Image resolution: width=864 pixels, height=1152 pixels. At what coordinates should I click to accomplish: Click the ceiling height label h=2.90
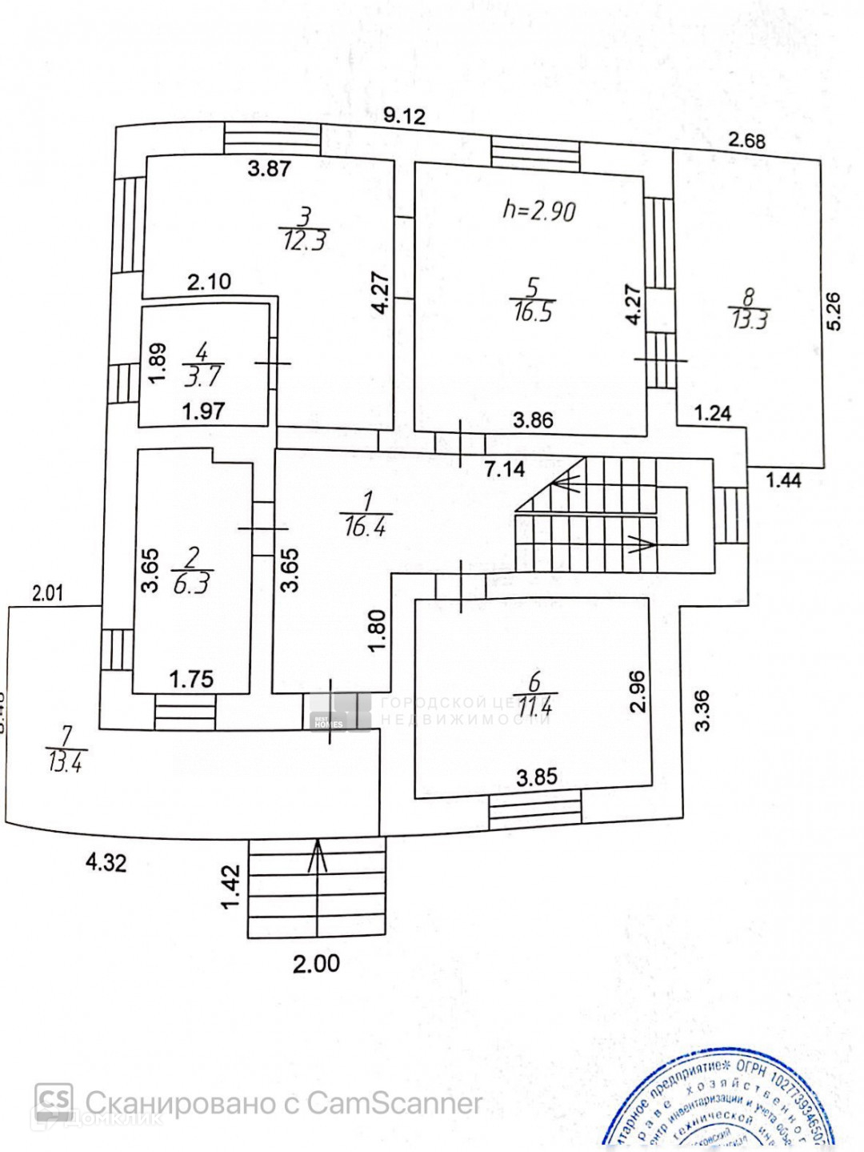coord(538,211)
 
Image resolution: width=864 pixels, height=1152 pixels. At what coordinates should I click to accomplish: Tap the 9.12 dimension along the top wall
coord(403,116)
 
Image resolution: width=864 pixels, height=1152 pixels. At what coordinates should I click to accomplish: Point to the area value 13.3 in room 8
coord(750,319)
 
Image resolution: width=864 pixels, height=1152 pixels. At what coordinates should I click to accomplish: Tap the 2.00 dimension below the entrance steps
coord(316,963)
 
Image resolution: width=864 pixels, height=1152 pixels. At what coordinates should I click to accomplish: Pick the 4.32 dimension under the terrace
coord(106,862)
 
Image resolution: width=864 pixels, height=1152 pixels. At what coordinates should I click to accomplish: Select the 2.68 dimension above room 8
coord(747,142)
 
